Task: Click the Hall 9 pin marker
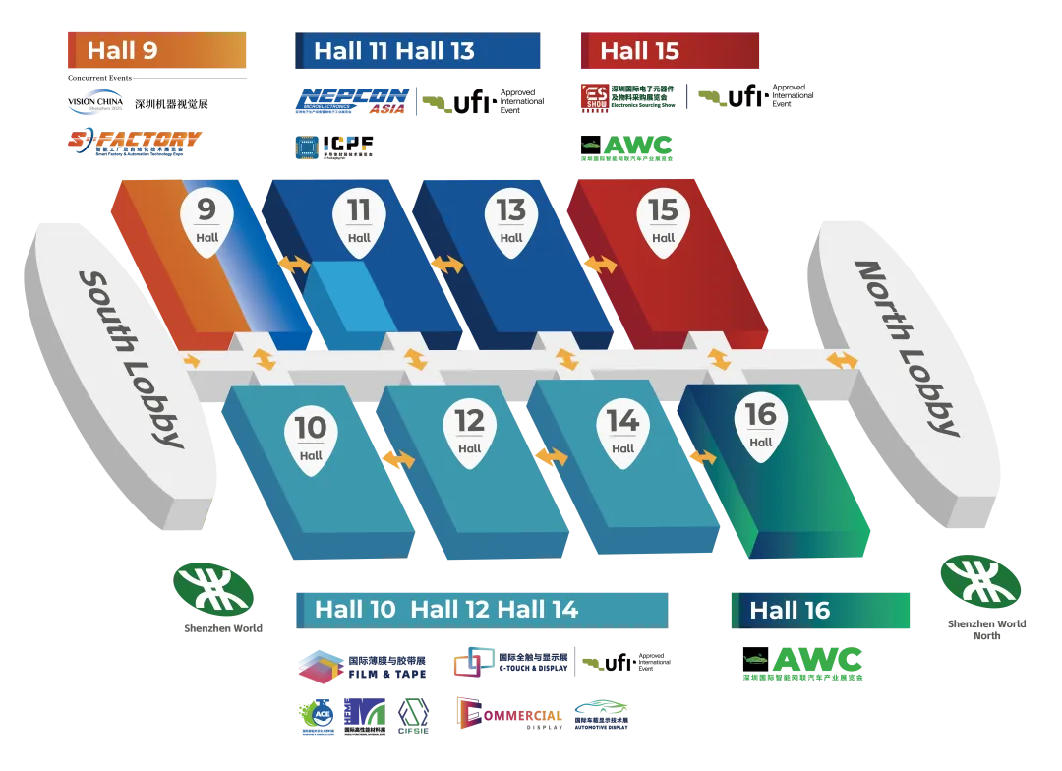[206, 221]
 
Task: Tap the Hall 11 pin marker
[359, 221]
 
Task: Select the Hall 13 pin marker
[511, 221]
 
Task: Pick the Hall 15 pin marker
[664, 221]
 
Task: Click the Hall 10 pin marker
[311, 440]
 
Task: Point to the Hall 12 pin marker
[470, 433]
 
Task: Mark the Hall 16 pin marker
[761, 426]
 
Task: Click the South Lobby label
[131, 359]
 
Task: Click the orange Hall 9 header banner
[157, 51]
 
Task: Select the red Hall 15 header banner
[670, 51]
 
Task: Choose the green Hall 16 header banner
[820, 611]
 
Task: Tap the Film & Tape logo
[362, 667]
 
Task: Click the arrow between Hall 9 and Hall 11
[294, 265]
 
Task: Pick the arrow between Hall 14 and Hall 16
[702, 457]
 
